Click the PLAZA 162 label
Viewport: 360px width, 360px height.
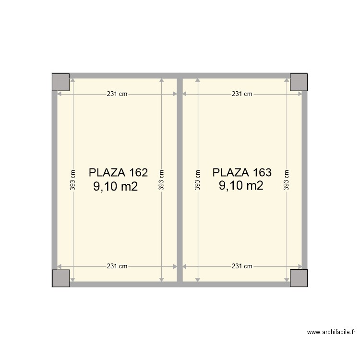118,172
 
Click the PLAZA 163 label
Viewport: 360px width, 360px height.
242,172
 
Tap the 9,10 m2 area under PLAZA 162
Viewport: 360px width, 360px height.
116,186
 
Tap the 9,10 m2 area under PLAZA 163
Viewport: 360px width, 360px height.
241,186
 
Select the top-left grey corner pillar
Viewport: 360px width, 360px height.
61,82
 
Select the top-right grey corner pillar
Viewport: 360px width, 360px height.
299,82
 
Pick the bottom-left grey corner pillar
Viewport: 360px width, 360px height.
61,278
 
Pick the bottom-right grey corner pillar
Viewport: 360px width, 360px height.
299,278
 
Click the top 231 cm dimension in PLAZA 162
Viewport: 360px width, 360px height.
117,94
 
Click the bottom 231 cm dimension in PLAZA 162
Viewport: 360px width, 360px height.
117,266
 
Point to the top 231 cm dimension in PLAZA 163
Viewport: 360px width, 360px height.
242,94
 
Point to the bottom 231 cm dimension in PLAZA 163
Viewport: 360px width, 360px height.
242,266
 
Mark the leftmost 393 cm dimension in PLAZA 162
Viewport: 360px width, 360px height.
72,180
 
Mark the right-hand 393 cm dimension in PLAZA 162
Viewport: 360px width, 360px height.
162,180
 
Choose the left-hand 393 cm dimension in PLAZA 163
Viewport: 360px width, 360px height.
197,180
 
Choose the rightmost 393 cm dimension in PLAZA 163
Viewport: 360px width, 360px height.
287,180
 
